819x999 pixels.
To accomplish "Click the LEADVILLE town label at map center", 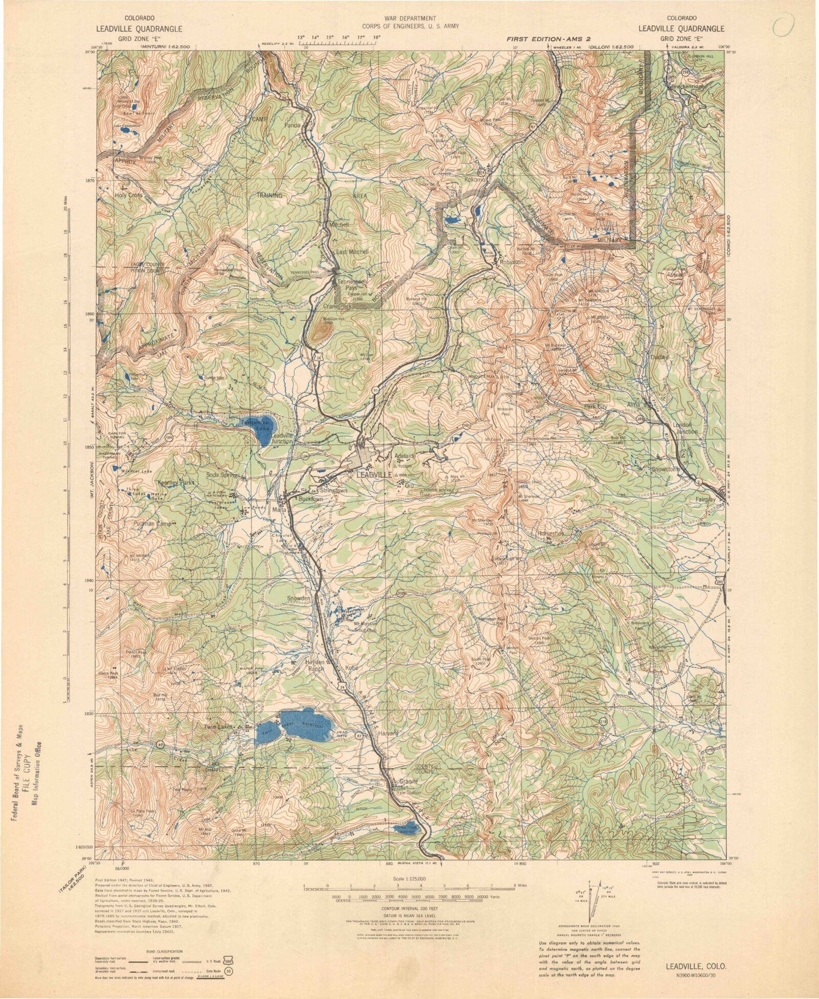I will click(x=373, y=474).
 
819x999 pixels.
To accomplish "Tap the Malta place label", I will click(x=279, y=509).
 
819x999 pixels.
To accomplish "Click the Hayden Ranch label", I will click(x=314, y=666).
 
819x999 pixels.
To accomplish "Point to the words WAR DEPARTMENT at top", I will click(x=409, y=18).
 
